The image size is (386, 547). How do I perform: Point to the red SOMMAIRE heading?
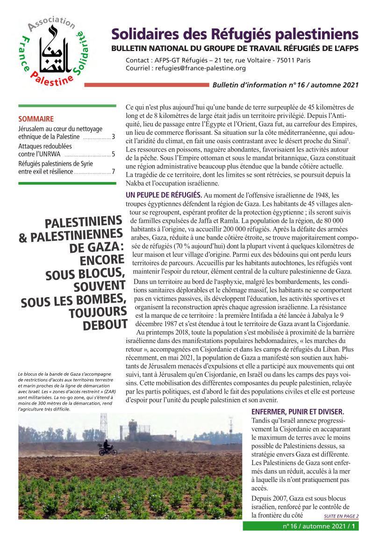pyautogui.click(x=36, y=119)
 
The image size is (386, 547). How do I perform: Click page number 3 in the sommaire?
pyautogui.click(x=114, y=137)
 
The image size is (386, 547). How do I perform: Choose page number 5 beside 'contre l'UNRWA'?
pyautogui.click(x=114, y=154)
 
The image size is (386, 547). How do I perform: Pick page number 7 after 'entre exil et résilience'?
pyautogui.click(x=114, y=171)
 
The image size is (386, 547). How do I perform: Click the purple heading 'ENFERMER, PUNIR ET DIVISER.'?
pyautogui.click(x=298, y=412)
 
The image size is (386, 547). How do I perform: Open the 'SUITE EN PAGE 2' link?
pyautogui.click(x=341, y=517)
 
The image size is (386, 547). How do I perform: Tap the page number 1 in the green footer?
pyautogui.click(x=354, y=526)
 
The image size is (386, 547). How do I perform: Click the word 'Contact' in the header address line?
pyautogui.click(x=137, y=60)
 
